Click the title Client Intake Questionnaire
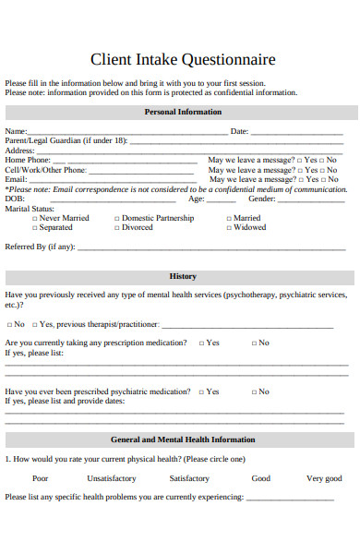pos(183,60)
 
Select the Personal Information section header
pos(183,112)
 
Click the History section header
pos(183,276)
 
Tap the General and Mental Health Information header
pos(183,440)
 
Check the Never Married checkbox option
pos(59,218)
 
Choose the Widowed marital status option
pos(247,227)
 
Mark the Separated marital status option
pos(53,227)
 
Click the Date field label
pos(239,131)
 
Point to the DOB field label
pos(15,199)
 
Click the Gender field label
pos(261,199)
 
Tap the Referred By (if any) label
pos(39,247)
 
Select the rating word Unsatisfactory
pos(111,478)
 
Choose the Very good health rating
pos(324,478)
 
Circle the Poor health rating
pos(41,478)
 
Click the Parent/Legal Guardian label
pos(65,140)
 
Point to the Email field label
pos(16,179)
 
